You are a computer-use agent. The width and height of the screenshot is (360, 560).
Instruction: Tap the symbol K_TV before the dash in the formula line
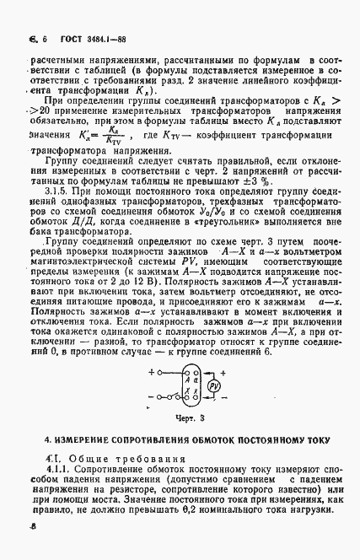coord(180,133)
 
